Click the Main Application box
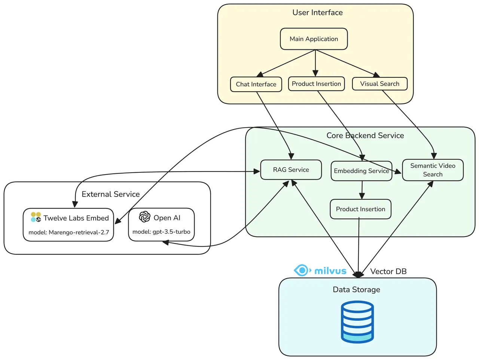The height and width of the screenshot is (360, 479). (x=314, y=39)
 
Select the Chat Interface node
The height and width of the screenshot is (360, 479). (x=256, y=84)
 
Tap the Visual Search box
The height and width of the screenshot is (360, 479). (x=380, y=84)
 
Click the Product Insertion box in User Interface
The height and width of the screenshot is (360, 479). (x=317, y=84)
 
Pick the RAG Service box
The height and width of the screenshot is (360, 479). (x=291, y=170)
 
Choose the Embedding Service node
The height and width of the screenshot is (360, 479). (x=361, y=171)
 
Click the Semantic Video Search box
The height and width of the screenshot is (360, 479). (x=433, y=170)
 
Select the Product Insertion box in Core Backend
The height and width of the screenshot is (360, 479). (x=360, y=209)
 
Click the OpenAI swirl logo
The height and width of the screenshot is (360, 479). (x=144, y=216)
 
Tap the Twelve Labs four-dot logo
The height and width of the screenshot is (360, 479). (x=36, y=217)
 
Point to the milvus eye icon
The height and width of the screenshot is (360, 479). (x=302, y=270)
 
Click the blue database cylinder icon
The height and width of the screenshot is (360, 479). (x=357, y=322)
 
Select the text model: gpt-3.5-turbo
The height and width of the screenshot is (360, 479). (x=161, y=232)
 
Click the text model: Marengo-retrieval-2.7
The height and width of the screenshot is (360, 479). (x=69, y=232)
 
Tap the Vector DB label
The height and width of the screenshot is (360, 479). (x=388, y=271)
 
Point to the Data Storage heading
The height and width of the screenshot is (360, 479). (x=356, y=289)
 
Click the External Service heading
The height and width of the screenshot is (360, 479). (x=111, y=194)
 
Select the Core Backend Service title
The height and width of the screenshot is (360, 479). (x=365, y=135)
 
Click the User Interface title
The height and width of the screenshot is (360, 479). (x=317, y=12)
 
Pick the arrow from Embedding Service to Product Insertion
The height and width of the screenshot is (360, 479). (x=362, y=190)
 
